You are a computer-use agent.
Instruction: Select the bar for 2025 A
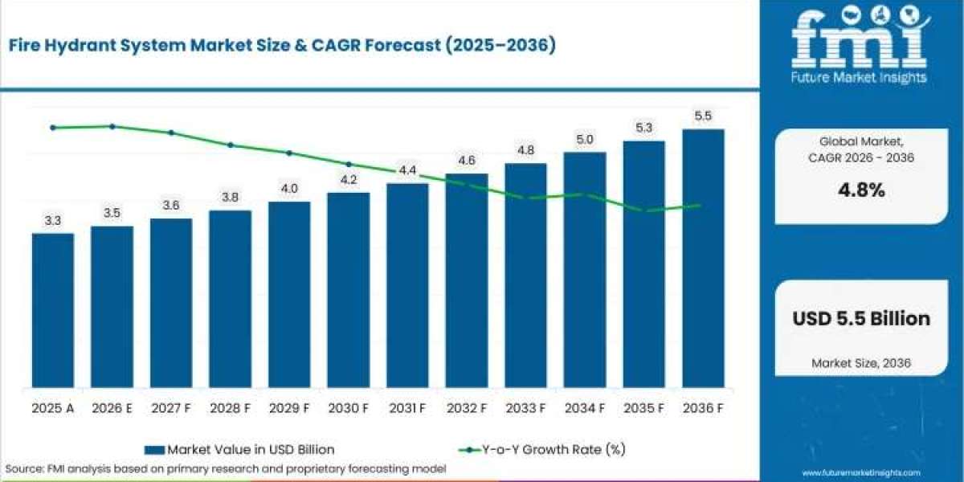click(53, 310)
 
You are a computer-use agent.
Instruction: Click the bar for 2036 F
click(703, 258)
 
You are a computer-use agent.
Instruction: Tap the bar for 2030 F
click(349, 290)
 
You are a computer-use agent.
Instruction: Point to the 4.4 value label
click(407, 170)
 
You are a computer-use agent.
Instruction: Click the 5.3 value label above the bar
click(643, 128)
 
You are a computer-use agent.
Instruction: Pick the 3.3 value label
click(53, 221)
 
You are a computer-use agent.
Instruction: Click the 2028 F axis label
click(231, 408)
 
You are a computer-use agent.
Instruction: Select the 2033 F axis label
click(525, 408)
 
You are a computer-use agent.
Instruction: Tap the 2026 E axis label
click(112, 408)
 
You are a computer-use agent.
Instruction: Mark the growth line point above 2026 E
click(112, 127)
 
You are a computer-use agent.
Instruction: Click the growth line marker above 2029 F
click(289, 153)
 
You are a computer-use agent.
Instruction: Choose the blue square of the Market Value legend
click(154, 450)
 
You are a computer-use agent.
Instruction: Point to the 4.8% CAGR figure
click(861, 190)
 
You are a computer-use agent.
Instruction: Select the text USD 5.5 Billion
click(861, 318)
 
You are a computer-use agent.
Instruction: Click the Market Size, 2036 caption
click(861, 363)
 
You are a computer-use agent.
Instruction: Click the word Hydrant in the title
click(80, 45)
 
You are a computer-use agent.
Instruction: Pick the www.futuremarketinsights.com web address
click(861, 472)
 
